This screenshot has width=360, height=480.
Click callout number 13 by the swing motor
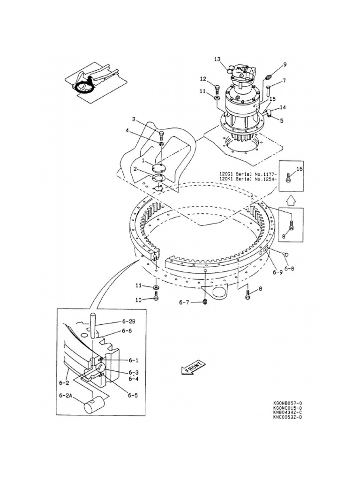click(217, 59)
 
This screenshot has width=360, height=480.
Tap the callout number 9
click(284, 65)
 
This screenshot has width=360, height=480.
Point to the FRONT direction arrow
click(192, 367)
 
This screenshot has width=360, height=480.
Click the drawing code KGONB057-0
click(287, 403)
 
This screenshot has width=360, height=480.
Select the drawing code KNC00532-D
click(287, 417)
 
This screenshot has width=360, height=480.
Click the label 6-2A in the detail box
click(67, 396)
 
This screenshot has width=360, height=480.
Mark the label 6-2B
click(128, 322)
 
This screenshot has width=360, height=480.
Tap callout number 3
click(134, 120)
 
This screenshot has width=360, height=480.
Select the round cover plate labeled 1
click(159, 168)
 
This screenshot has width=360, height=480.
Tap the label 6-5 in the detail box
click(133, 395)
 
